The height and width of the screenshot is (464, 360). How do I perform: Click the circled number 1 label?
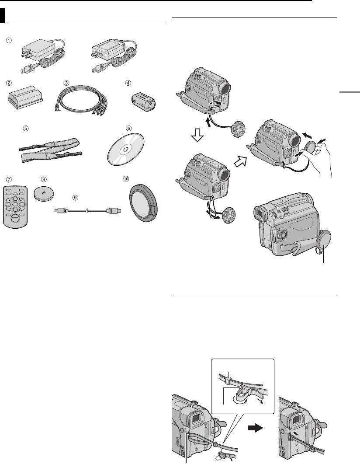point(10,41)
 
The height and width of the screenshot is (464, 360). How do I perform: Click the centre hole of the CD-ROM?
point(125,150)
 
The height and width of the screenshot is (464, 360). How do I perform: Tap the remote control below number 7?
point(15,206)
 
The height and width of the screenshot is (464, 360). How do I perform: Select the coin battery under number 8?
point(44,194)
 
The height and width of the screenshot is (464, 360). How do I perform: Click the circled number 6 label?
point(128,129)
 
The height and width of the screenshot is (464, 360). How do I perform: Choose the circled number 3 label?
point(67,83)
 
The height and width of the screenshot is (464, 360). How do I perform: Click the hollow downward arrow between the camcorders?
point(197,136)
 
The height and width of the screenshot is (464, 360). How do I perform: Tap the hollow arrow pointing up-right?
point(241,162)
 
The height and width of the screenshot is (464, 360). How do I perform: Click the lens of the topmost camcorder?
point(225,88)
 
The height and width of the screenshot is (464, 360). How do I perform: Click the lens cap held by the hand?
point(312,147)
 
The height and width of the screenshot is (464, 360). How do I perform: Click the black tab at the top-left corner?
point(2,15)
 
